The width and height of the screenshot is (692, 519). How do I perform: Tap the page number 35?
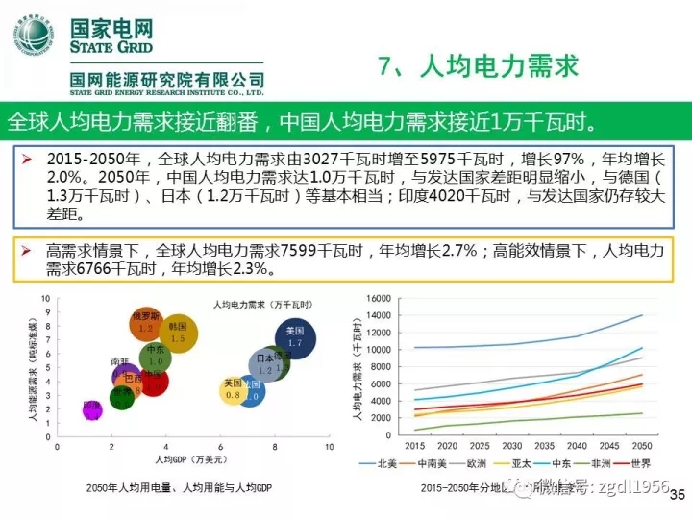point(676,496)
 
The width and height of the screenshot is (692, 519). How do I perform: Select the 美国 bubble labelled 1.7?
point(295,336)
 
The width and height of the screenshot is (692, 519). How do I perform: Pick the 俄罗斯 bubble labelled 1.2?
point(146,324)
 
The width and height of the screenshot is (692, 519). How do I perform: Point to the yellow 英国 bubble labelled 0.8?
point(233,389)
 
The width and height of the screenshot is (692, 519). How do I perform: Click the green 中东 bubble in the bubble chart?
point(155,357)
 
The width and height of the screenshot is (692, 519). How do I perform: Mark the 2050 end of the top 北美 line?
point(642,315)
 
